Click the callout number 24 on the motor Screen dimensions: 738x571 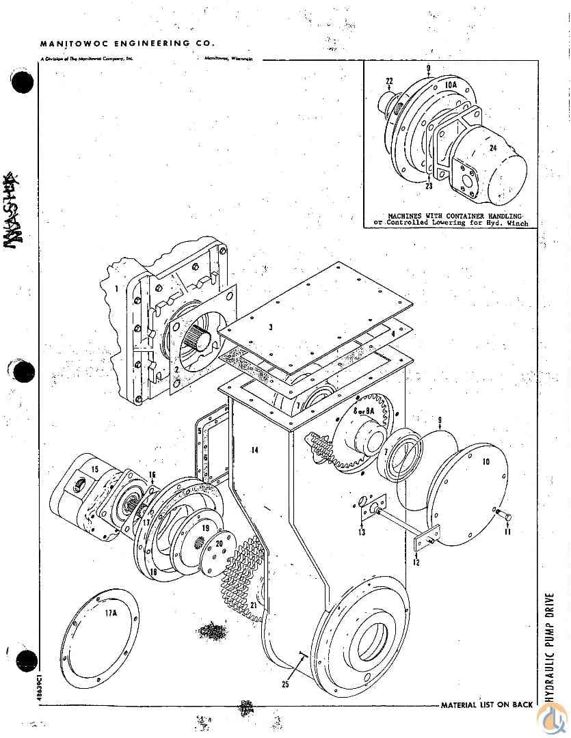[x=494, y=146]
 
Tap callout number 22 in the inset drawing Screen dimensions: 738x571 [x=389, y=81]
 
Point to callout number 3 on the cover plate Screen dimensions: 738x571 [x=270, y=327]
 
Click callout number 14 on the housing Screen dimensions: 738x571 [x=254, y=450]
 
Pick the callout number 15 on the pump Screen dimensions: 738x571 [x=96, y=469]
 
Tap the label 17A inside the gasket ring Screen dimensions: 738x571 [x=111, y=613]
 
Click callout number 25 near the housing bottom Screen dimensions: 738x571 [x=284, y=683]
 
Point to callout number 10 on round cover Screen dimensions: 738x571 [x=486, y=462]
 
